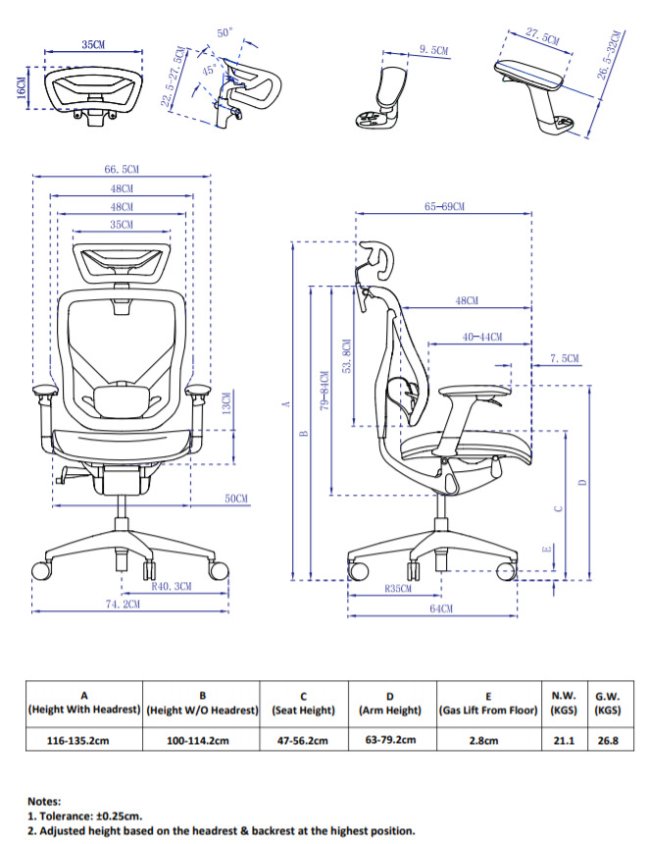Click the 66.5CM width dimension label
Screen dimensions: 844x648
tap(121, 170)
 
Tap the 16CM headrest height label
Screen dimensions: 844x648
tap(21, 87)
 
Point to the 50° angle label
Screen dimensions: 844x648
tap(224, 32)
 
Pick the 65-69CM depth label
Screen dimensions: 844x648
tap(444, 207)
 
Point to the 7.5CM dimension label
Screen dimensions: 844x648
tap(564, 359)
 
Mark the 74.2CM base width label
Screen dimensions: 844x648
tap(123, 605)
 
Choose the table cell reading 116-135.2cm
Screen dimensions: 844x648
tap(83, 740)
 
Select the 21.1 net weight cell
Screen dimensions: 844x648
tap(563, 740)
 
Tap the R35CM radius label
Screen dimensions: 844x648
tap(397, 590)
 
